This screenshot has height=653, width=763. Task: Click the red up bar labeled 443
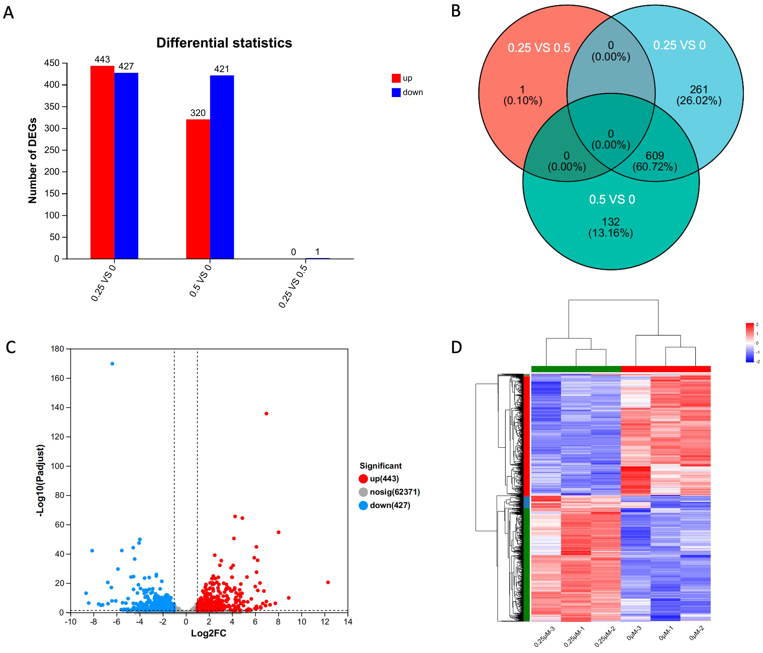(102, 162)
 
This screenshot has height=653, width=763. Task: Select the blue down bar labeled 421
(222, 167)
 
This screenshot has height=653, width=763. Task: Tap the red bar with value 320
(198, 189)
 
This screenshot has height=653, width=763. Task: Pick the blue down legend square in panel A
(396, 93)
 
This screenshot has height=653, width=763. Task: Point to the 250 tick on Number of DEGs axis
(52, 150)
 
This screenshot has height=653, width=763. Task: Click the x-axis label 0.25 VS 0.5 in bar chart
(293, 286)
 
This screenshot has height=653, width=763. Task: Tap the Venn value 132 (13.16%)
(611, 227)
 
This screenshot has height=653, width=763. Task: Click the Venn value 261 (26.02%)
(699, 95)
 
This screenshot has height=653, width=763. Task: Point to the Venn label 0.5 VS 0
(612, 199)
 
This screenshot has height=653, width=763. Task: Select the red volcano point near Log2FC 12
(328, 582)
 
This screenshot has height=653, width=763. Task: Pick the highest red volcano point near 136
(266, 414)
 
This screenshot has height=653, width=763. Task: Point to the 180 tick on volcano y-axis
(57, 349)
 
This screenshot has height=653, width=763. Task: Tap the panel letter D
(456, 347)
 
